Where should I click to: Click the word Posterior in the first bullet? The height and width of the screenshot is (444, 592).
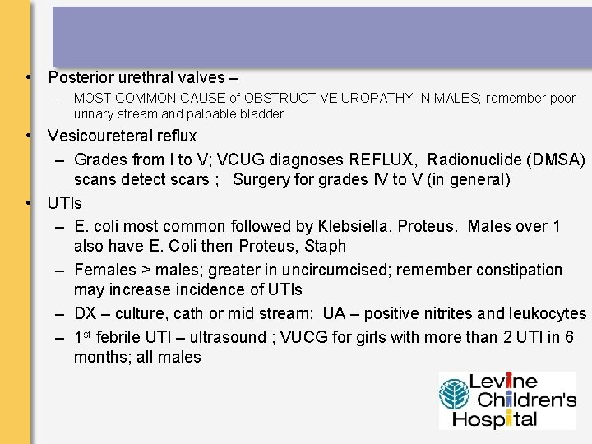point(80,78)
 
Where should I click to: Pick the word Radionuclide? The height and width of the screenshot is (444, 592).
point(474,159)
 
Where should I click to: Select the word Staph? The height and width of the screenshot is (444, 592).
point(326,246)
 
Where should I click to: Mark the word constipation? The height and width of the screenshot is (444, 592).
point(518,270)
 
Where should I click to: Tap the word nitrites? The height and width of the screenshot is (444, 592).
point(444,313)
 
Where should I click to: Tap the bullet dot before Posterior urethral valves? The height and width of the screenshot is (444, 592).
point(29,78)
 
